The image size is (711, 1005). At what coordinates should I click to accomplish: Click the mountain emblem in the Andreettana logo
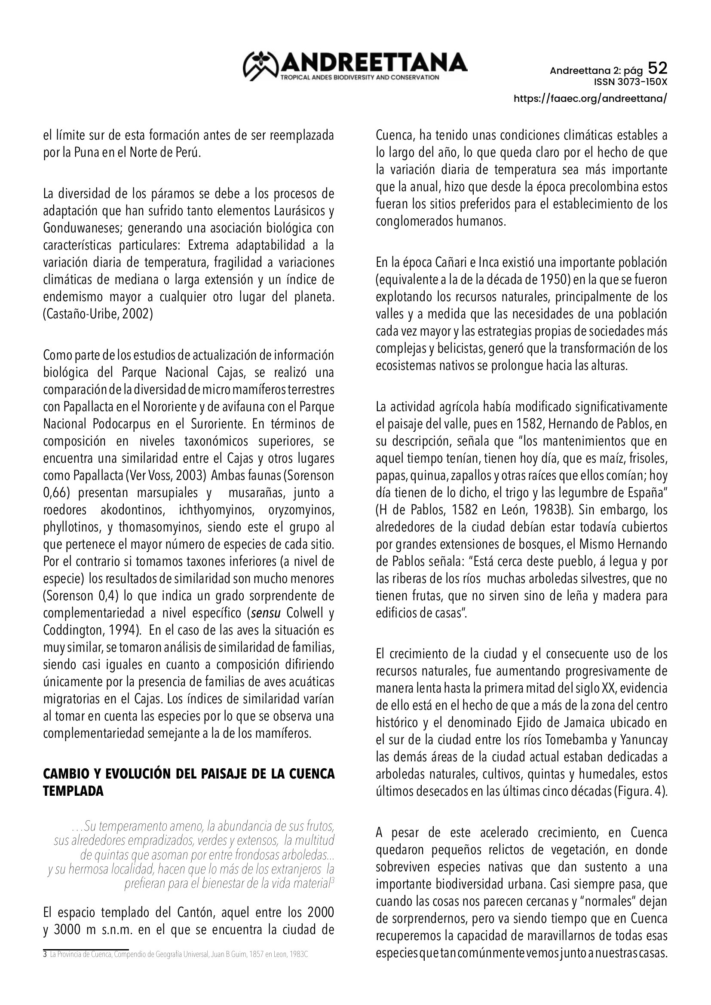261,66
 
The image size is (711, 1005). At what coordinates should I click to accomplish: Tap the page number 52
657,68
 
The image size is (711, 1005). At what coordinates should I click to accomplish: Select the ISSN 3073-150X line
631,82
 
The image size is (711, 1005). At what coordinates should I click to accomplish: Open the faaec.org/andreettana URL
591,98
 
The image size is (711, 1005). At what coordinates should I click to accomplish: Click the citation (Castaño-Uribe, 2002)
98,314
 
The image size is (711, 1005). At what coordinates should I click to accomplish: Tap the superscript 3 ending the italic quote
332,881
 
